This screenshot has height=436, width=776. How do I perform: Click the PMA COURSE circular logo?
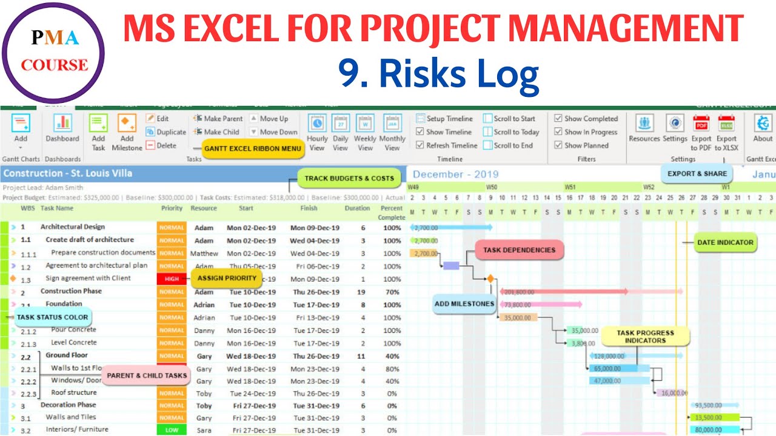(x=53, y=53)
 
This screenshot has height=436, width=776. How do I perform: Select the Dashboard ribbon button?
(x=62, y=128)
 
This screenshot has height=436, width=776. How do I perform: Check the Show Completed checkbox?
(x=558, y=119)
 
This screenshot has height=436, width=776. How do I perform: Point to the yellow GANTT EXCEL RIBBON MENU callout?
(x=253, y=148)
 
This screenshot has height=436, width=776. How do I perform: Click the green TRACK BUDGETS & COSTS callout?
(x=349, y=178)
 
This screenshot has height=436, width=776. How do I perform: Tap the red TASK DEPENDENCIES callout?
(x=519, y=249)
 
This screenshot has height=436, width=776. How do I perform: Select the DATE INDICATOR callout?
(x=725, y=242)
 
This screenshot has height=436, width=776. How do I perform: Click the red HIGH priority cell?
(x=172, y=279)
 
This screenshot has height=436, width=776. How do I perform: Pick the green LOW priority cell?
(x=172, y=430)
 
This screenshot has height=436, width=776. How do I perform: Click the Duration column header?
(x=357, y=208)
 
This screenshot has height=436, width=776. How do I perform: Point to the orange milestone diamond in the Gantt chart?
(x=490, y=279)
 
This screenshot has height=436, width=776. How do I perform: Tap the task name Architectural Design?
(x=73, y=227)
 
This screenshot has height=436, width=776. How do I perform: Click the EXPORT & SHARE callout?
(x=697, y=173)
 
